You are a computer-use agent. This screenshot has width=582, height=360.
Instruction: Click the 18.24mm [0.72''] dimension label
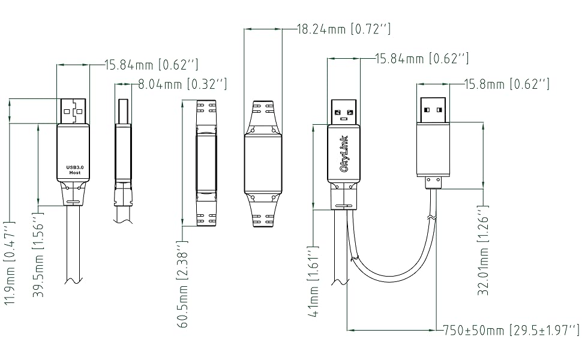click(x=344, y=28)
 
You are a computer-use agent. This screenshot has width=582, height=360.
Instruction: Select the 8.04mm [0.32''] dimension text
click(x=182, y=85)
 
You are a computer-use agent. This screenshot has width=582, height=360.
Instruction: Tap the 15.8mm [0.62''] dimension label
click(x=507, y=84)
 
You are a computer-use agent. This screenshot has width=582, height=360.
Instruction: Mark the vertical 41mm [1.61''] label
click(x=313, y=280)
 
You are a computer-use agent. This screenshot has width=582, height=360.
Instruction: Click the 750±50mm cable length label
click(x=511, y=330)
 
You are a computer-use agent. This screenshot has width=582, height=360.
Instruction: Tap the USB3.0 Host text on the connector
click(x=74, y=169)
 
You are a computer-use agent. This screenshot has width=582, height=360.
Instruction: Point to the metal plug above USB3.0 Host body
click(x=73, y=112)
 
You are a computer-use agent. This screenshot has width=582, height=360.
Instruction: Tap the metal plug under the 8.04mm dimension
click(x=123, y=112)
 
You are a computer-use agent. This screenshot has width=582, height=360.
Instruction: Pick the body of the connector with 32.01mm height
click(x=433, y=150)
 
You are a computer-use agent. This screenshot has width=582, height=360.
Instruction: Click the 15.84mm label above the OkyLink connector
click(x=422, y=59)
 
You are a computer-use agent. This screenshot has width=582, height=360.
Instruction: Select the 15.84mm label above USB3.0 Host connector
click(x=151, y=64)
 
